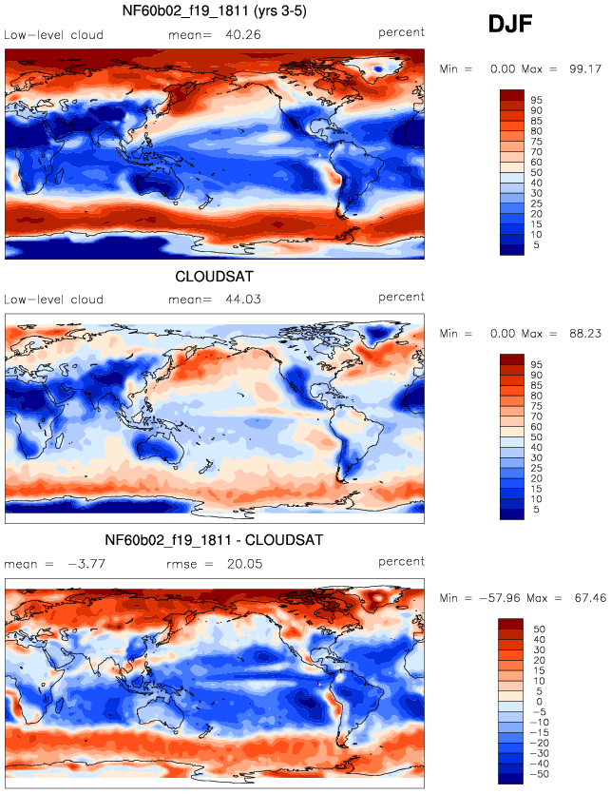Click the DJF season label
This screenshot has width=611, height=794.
(x=510, y=25)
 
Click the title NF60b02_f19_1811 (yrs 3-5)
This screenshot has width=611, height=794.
(x=215, y=10)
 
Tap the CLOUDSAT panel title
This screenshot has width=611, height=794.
(x=214, y=277)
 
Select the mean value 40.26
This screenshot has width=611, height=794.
(x=243, y=35)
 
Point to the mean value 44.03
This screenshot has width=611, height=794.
(x=243, y=300)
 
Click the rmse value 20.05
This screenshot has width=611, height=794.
(x=245, y=564)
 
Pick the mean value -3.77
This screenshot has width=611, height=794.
(x=86, y=564)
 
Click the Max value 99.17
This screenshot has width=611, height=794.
(x=585, y=68)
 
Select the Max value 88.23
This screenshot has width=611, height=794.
(x=585, y=334)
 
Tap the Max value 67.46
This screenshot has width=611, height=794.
(x=590, y=598)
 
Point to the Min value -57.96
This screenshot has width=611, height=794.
(x=500, y=598)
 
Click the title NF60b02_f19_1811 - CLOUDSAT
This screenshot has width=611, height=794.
(x=214, y=540)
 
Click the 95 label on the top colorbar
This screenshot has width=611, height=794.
(x=537, y=100)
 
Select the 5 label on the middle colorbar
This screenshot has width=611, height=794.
(x=537, y=510)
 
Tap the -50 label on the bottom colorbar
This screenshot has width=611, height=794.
(x=539, y=774)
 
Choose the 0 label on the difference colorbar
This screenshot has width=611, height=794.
(x=539, y=702)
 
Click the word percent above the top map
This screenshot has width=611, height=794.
(x=401, y=32)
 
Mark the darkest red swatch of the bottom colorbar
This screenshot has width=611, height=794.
(x=510, y=624)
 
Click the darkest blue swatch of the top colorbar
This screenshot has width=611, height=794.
(x=512, y=250)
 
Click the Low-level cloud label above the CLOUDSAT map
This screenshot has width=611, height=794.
(x=53, y=300)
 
